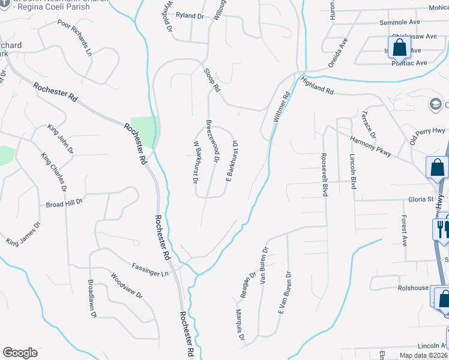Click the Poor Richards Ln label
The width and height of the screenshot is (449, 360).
(x=76, y=37)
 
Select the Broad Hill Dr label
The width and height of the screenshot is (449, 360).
(x=64, y=204)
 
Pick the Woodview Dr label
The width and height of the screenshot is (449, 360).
(x=126, y=286)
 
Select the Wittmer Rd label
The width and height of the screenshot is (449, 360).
(x=281, y=107)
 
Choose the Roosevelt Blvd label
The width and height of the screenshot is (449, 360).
(x=325, y=174)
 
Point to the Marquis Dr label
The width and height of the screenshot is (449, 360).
(x=240, y=325)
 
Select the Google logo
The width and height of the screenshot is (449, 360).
(x=20, y=353)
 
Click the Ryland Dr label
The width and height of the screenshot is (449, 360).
(x=190, y=16)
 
